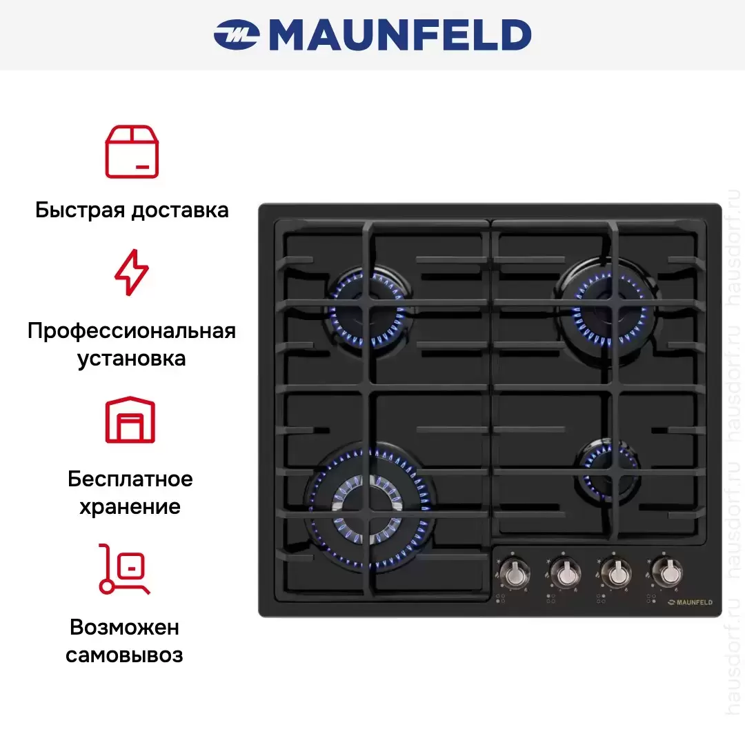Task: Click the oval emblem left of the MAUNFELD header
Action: [236, 34]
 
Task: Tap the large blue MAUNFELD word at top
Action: [400, 34]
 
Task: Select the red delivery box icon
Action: [132, 152]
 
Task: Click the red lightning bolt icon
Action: [132, 272]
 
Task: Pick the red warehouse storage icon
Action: [130, 419]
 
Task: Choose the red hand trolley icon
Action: [124, 569]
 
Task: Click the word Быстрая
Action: [80, 210]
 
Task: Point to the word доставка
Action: [180, 210]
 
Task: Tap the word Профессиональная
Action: [132, 331]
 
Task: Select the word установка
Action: [132, 359]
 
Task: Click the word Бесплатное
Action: [130, 479]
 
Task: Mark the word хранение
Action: [130, 507]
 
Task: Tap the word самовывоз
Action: [124, 656]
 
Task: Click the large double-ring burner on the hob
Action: [368, 509]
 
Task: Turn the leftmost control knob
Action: [515, 574]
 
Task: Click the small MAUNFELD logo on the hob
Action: [690, 602]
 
